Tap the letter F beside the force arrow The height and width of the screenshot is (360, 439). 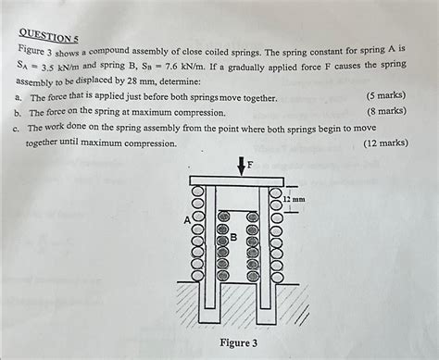(246, 166)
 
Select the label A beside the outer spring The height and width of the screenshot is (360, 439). (188, 220)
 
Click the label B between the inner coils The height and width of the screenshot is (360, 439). (233, 237)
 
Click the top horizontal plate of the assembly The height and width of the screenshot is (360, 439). (235, 180)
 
